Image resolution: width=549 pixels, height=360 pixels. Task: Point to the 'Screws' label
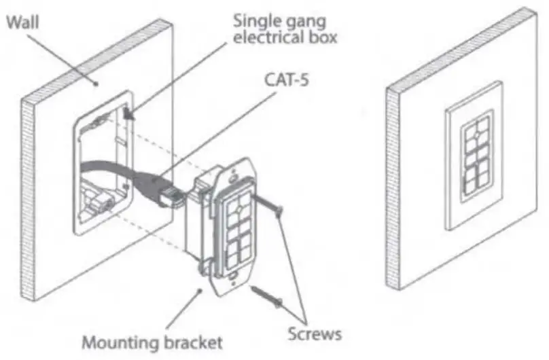(313, 334)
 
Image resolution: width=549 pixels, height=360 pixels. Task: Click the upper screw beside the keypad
(268, 203)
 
